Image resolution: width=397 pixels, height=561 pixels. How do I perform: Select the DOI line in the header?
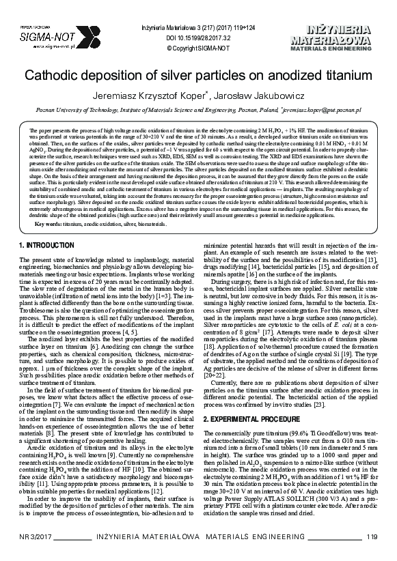(x=198, y=38)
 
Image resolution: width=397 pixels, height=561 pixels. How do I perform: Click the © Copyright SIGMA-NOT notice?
(x=198, y=48)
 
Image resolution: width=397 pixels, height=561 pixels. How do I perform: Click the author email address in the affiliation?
(x=322, y=109)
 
